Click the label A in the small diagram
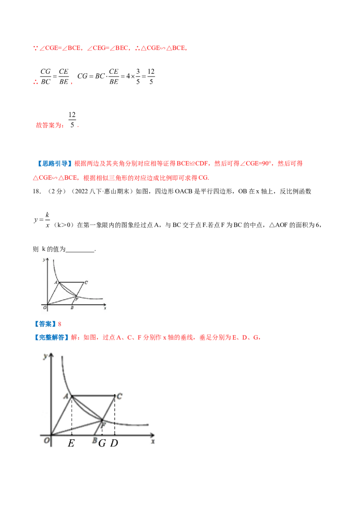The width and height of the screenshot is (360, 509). point(56,282)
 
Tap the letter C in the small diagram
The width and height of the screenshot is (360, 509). point(85,282)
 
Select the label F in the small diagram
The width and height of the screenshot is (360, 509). point(77,298)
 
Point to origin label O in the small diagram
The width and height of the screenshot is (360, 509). point(44,308)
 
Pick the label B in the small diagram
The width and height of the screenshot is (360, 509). point(72,308)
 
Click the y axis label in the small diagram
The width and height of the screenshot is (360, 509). point(43,260)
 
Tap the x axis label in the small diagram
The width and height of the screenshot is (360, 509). point(105,308)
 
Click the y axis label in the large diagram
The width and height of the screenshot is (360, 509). point(45,357)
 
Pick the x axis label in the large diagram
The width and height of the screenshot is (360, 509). point(153,442)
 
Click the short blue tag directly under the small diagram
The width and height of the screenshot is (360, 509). point(44,323)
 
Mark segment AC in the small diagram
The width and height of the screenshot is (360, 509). point(71,282)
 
